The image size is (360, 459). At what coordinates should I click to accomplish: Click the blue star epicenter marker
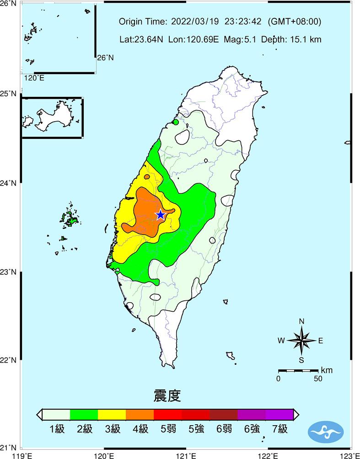(160, 215)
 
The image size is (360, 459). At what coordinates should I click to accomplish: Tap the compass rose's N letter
(301, 321)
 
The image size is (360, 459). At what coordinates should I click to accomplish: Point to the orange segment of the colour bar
(140, 414)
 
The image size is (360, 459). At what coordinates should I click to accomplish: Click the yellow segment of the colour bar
(112, 414)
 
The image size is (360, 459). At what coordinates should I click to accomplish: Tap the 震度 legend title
(167, 396)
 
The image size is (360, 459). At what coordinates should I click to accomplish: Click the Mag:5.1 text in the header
(241, 39)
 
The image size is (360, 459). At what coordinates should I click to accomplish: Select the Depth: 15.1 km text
(291, 39)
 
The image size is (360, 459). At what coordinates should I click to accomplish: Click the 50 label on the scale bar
(317, 378)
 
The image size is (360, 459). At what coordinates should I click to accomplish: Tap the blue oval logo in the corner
(326, 432)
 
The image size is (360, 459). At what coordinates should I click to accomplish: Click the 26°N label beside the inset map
(104, 58)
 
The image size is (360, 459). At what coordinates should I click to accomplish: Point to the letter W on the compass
(281, 341)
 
